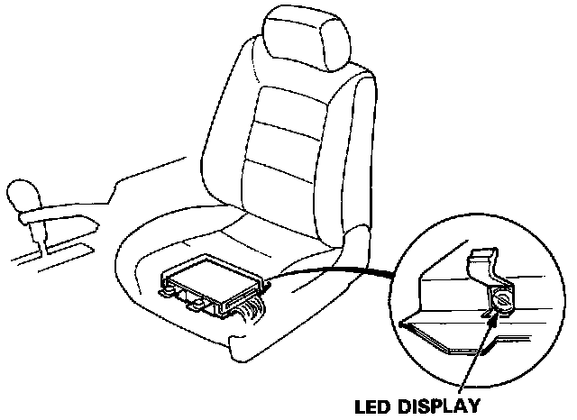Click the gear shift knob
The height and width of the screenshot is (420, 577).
point(22,194)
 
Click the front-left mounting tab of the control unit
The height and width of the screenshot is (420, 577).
point(167,289)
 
